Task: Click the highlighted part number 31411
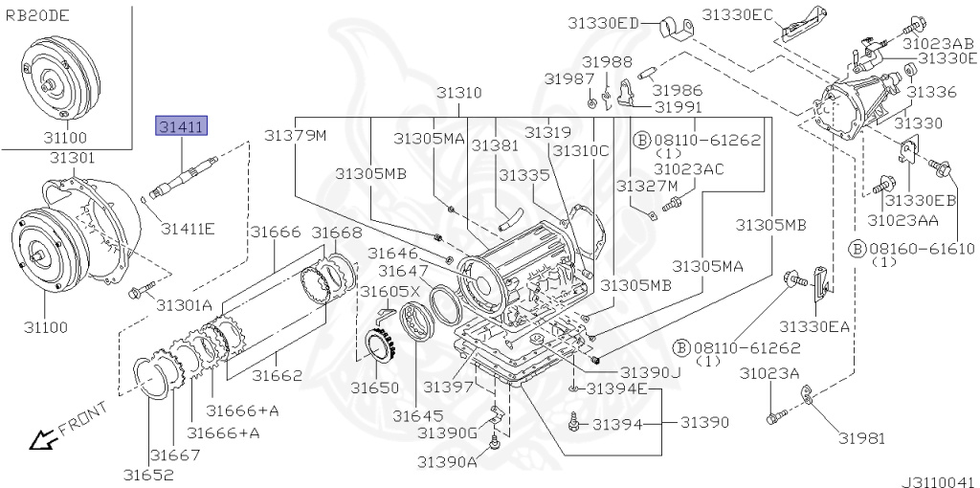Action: pyautogui.click(x=181, y=127)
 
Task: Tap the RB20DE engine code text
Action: pyautogui.click(x=37, y=16)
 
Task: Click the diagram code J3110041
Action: pyautogui.click(x=938, y=481)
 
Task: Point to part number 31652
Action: pyautogui.click(x=148, y=475)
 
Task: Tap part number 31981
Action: pyautogui.click(x=862, y=438)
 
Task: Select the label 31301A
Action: pyautogui.click(x=185, y=305)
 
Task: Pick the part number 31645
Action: pyautogui.click(x=418, y=415)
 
